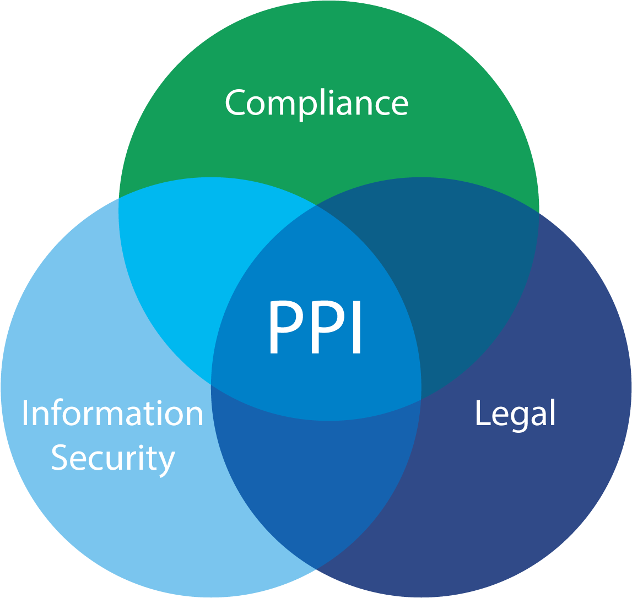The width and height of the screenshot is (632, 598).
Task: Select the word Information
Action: pos(112,413)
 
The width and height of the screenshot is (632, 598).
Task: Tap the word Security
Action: pos(114,459)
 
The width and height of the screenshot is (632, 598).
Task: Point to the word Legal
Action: pos(516,415)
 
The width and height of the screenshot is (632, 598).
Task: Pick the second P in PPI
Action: pos(328,327)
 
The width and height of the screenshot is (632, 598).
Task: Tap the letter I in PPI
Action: pos(356,327)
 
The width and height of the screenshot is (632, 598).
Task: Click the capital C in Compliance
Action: pos(235,102)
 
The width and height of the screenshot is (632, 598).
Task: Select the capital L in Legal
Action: pos(483,412)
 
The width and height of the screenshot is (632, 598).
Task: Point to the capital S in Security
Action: pos(60,458)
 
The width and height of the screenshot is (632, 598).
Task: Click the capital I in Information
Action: pos(25,413)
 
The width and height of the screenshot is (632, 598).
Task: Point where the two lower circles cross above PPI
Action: pos(316,205)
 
